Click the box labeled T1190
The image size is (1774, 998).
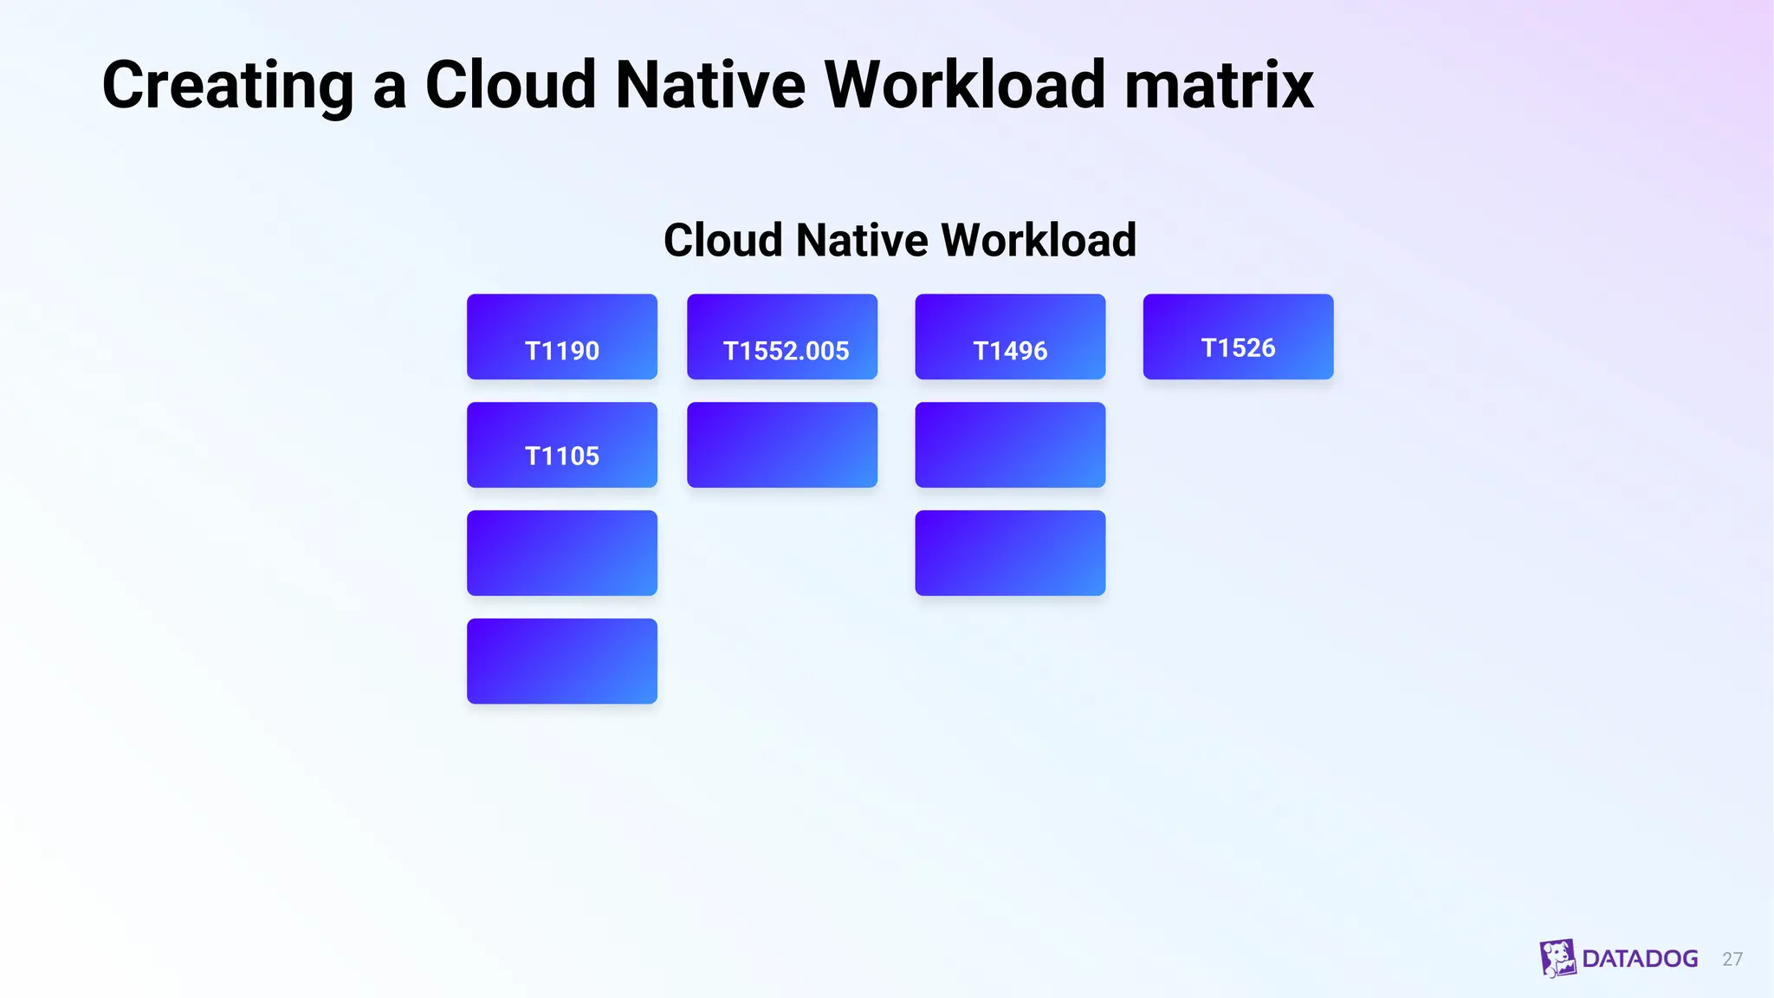coord(561,337)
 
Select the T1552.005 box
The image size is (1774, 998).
coord(781,337)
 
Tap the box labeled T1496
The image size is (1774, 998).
coord(1010,337)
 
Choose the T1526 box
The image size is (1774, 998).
coord(1238,337)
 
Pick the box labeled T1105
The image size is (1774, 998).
coord(561,445)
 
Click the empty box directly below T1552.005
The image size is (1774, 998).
coord(781,445)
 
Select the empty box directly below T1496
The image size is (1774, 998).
coord(1010,445)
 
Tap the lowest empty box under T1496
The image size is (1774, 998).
coord(1010,553)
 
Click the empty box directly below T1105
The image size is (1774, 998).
coord(561,553)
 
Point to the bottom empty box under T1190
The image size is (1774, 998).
coord(561,661)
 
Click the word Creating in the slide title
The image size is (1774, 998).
coord(228,86)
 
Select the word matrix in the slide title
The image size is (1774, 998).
coord(1219,86)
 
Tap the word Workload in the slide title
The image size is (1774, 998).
coord(964,86)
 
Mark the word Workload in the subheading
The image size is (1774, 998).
coord(1039,240)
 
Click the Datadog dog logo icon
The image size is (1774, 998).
coord(1557,958)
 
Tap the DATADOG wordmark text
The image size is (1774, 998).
coord(1640,959)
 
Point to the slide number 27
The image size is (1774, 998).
coord(1732,959)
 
